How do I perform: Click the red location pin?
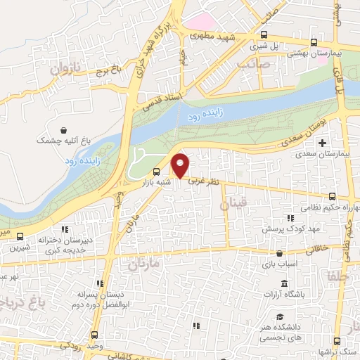point(181,165)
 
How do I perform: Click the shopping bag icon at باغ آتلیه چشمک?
point(65,130)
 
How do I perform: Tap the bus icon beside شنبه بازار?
point(155,172)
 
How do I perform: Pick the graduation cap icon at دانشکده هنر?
point(280,317)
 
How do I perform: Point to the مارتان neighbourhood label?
point(144,265)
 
